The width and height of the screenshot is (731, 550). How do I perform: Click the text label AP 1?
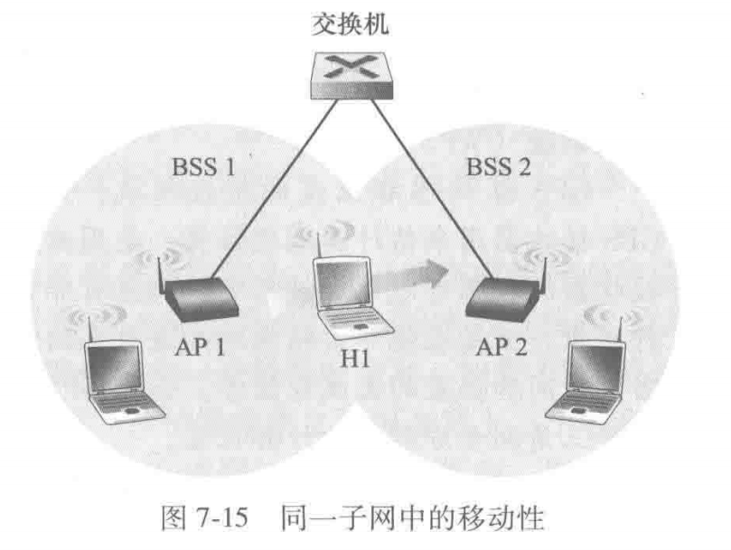click(x=203, y=347)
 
